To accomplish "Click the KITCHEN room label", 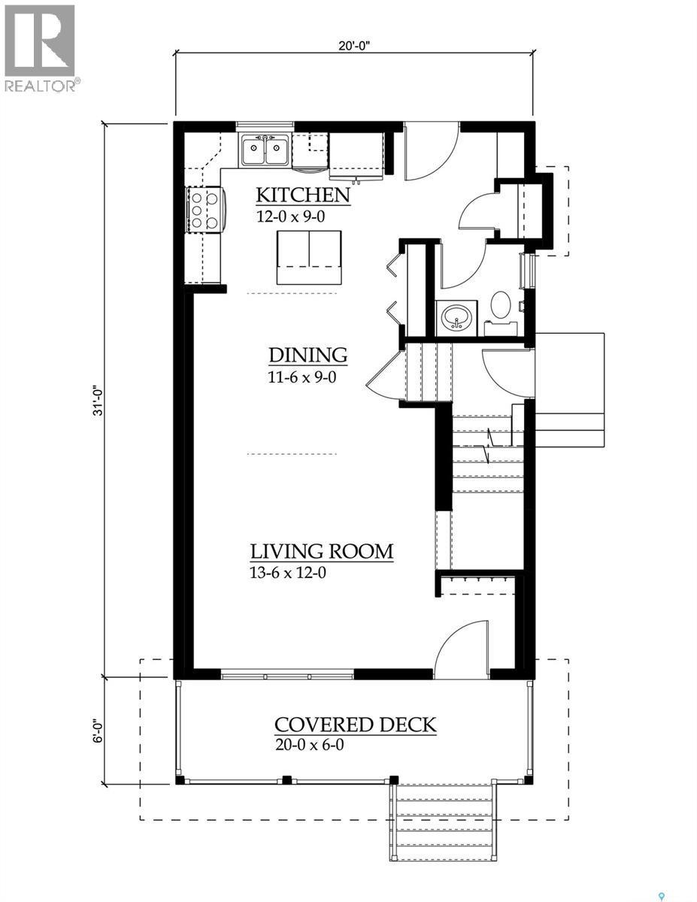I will (303, 195).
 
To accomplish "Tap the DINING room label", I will (308, 355).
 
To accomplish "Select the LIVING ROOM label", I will (322, 552).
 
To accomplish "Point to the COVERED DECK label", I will (355, 725).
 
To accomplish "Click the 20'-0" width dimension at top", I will (354, 44).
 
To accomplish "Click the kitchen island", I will (308, 257).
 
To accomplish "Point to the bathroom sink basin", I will (456, 316).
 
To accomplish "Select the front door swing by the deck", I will (461, 646).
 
